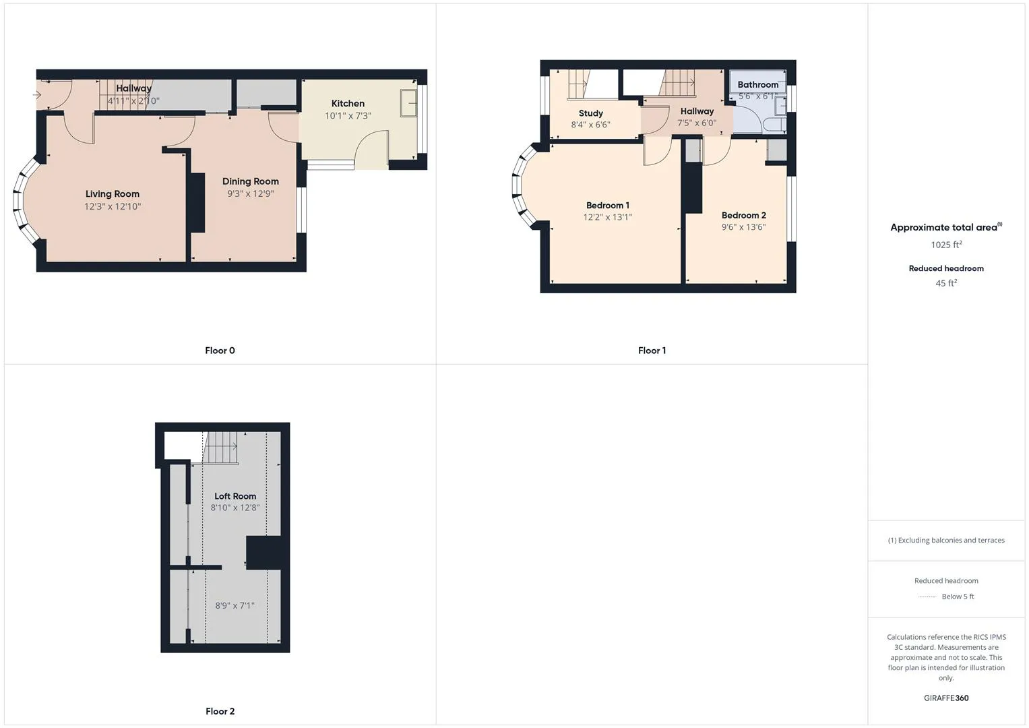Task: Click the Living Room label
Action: pos(113,194)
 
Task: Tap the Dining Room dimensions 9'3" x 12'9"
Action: pos(251,194)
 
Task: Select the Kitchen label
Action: pos(348,104)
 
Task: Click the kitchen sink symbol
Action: pos(408,102)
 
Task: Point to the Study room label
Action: pos(591,113)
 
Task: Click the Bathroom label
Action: pos(757,85)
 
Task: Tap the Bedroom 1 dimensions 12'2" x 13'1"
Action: pos(608,218)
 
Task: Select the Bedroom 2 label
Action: pos(743,216)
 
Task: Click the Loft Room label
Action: pos(235,496)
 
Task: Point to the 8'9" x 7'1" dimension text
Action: pos(235,606)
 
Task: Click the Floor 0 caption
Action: pos(220,351)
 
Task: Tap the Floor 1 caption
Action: pos(652,351)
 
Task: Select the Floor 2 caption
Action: pos(220,711)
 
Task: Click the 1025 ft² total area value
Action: pos(946,245)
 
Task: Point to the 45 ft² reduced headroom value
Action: pos(946,283)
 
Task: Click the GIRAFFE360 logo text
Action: pos(946,698)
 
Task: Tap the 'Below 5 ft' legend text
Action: pos(958,597)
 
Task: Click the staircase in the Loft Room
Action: pos(220,448)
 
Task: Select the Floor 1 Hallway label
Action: pos(697,111)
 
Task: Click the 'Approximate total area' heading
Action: pos(943,228)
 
